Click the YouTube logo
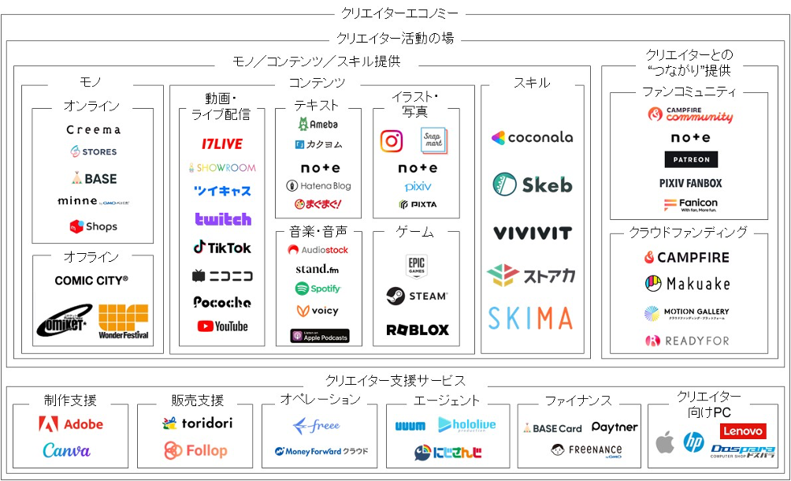pos(223,326)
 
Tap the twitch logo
pos(223,219)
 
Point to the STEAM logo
pos(417,296)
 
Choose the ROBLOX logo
pos(417,330)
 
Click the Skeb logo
pos(533,185)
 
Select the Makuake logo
pos(688,284)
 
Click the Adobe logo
pos(71,424)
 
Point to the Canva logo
pos(67,451)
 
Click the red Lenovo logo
pos(742,431)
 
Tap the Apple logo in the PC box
pos(666,442)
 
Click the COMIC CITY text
pos(91,280)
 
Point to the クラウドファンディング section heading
pos(688,233)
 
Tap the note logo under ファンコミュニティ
pos(690,138)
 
